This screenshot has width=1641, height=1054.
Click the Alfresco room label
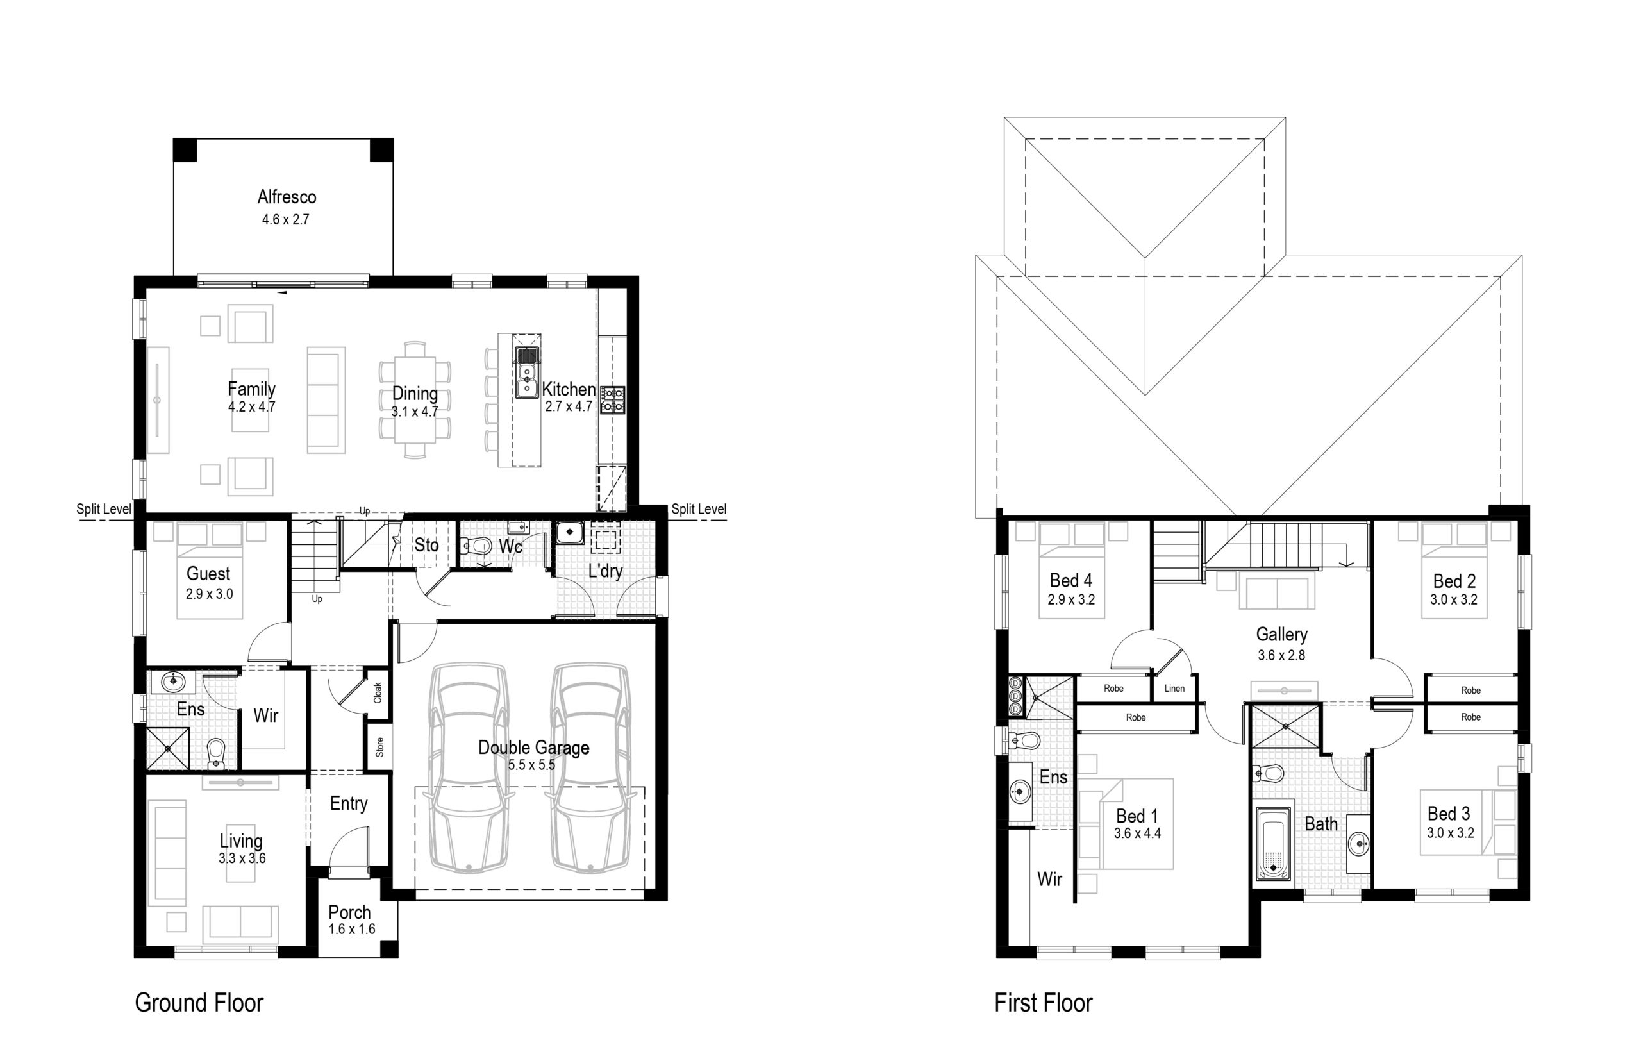287,197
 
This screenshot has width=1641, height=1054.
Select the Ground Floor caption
199,1003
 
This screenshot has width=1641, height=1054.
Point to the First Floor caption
1043,1003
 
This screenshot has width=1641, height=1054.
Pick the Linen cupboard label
1174,689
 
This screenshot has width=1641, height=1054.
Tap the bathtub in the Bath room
1274,844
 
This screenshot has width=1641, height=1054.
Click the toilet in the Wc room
476,546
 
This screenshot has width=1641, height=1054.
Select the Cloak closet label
378,692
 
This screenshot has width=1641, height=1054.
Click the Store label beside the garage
379,747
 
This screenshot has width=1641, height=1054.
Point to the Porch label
350,912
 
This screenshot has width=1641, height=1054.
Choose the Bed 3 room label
1449,813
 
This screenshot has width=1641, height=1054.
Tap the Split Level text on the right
699,508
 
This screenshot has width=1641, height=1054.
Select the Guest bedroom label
208,574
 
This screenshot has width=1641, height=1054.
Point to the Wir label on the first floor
1050,879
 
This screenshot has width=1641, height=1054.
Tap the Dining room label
415,394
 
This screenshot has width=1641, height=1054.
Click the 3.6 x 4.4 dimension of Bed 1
1137,833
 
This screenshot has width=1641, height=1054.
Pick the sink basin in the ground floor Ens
174,681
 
